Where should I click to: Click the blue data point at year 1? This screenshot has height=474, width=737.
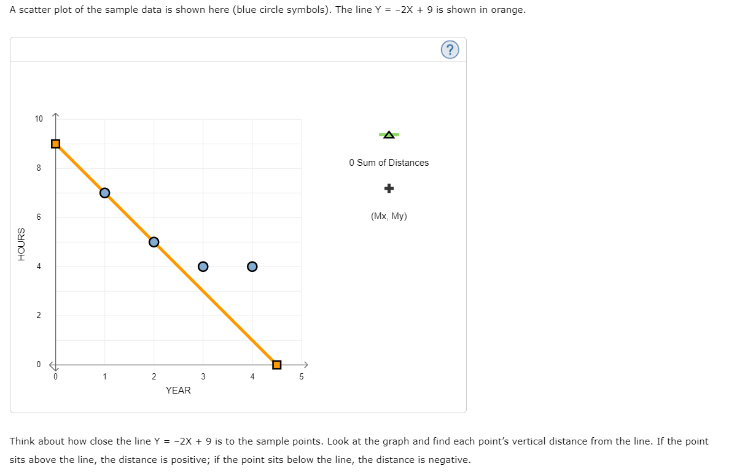tap(104, 193)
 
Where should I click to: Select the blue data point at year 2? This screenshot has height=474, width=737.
tap(154, 242)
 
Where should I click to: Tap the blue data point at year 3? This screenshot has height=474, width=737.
tap(203, 266)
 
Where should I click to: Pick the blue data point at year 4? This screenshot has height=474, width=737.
tap(252, 266)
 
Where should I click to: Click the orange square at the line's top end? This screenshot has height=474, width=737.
tap(55, 144)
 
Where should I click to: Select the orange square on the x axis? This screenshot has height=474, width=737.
tap(276, 365)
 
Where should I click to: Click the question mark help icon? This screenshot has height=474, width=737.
tap(450, 50)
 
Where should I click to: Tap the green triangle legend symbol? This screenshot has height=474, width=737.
tap(389, 134)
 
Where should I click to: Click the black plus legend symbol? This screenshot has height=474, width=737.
tap(389, 188)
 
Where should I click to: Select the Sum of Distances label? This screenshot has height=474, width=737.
tap(389, 163)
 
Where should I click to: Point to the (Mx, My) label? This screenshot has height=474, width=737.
tap(389, 216)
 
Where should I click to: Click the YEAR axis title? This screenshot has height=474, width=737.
tap(178, 390)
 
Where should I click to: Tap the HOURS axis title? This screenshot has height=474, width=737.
tap(21, 244)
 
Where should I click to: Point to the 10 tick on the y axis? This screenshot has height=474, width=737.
tap(39, 118)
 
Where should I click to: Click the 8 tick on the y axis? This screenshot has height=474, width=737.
tap(39, 168)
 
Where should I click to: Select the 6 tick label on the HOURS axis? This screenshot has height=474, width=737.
tap(39, 217)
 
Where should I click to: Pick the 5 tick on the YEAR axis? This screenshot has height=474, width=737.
tap(301, 377)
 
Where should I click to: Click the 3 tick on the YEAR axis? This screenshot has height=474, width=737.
tap(203, 377)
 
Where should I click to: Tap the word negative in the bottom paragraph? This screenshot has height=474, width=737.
tap(449, 460)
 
